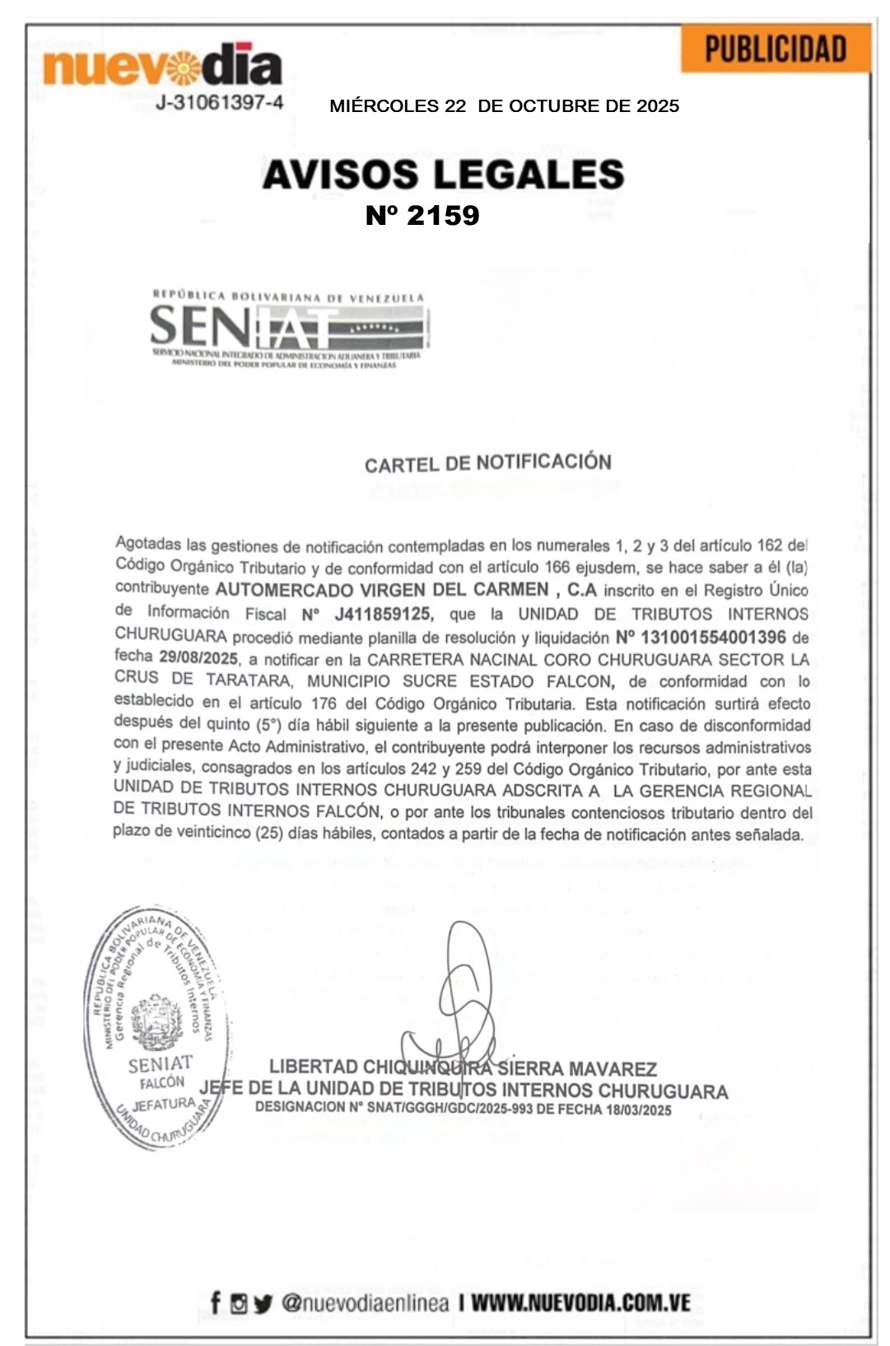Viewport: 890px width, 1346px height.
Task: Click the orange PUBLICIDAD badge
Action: tap(776, 49)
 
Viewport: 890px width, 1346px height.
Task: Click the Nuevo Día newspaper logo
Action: tap(162, 66)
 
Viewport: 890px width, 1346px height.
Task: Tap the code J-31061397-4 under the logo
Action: tap(219, 103)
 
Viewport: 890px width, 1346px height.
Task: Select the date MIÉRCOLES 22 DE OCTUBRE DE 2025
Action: tap(504, 106)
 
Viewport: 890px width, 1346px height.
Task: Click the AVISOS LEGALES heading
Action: tap(443, 175)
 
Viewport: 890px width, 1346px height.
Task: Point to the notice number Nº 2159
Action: tap(422, 215)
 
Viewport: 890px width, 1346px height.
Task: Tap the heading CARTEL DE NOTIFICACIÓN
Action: tap(487, 463)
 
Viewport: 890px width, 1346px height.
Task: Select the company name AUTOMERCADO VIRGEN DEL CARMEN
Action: tap(382, 590)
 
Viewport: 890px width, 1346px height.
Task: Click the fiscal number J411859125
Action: tap(382, 614)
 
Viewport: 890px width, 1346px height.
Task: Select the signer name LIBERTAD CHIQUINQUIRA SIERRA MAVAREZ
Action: tap(463, 1068)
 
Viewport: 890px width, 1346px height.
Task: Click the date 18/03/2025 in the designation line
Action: tap(639, 1110)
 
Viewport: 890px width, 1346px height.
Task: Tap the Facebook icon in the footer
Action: tap(215, 1302)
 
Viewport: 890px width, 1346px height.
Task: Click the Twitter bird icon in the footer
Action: tap(263, 1303)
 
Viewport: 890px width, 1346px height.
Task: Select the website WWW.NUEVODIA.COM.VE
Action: tap(580, 1302)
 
